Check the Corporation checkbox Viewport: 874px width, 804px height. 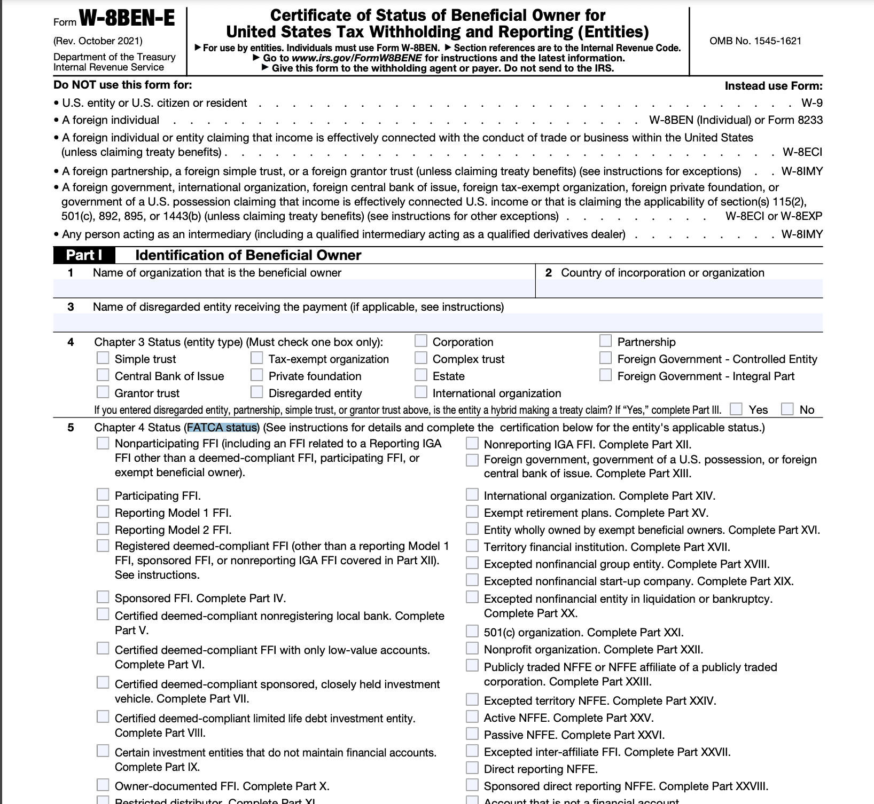click(421, 341)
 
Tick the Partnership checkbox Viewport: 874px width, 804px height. click(605, 341)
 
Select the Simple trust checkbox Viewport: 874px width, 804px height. click(103, 358)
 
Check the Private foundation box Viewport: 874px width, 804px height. click(257, 375)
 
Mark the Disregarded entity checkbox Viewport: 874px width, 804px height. click(257, 392)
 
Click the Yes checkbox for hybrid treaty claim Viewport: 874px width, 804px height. click(736, 409)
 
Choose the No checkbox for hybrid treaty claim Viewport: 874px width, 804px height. click(787, 409)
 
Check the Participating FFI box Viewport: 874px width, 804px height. click(103, 495)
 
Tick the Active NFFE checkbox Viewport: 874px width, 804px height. click(472, 717)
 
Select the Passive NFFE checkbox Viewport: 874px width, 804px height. click(472, 734)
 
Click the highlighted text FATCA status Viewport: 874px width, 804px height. click(222, 428)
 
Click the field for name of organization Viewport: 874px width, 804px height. click(294, 289)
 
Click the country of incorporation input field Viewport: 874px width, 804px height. click(678, 289)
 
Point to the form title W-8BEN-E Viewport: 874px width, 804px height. click(127, 19)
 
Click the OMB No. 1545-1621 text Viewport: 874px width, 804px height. click(755, 41)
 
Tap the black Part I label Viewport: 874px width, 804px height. click(84, 255)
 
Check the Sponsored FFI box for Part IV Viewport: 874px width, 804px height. click(103, 597)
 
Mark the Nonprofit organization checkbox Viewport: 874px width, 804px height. click(472, 649)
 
